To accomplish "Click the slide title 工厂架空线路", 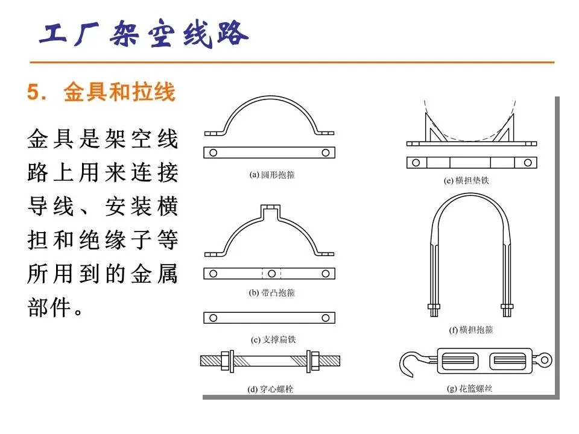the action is click(x=144, y=33).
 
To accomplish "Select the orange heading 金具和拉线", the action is click(x=119, y=92).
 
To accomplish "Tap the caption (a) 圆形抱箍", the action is click(x=272, y=175).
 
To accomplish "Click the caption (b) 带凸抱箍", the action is click(x=272, y=293).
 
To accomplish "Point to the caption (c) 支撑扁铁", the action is click(x=273, y=339).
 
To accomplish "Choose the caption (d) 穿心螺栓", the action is click(x=270, y=389).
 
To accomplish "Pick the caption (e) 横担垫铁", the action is click(x=466, y=180).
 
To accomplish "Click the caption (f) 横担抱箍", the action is click(x=471, y=330).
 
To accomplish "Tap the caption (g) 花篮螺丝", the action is click(x=469, y=388).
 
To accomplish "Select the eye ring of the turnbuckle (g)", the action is click(x=545, y=360).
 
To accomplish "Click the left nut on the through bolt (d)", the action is click(x=226, y=360).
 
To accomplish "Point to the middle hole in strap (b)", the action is click(x=272, y=274).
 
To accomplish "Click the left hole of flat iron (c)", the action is click(x=213, y=318).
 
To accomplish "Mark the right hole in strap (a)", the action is click(x=325, y=153).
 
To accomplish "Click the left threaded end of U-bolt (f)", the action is click(x=434, y=310).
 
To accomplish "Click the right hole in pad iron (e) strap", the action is click(x=528, y=162).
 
